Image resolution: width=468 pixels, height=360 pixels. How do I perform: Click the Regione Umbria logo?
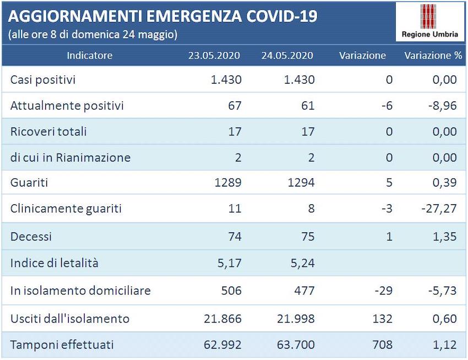[x=429, y=21]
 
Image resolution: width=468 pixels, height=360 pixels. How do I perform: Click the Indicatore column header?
[x=89, y=55]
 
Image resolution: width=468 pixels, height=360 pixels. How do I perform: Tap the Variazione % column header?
[x=433, y=55]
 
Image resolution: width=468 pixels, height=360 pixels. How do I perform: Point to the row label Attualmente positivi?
[x=67, y=105]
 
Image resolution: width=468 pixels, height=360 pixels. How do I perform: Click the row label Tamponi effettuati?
[x=62, y=345]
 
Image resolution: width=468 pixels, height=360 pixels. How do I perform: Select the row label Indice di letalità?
[x=55, y=263]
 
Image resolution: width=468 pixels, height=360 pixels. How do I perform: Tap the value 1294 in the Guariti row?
[x=301, y=182]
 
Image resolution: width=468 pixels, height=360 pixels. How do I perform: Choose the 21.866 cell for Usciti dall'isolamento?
[x=222, y=319]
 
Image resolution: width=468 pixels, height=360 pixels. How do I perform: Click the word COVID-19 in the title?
[x=281, y=15]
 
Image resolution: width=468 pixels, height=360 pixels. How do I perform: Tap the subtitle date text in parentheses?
[x=92, y=34]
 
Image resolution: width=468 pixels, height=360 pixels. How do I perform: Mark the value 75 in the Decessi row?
[x=307, y=236]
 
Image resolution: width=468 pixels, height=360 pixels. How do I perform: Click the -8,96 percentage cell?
[x=442, y=105]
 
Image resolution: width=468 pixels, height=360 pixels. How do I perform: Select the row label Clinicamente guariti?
[x=66, y=209]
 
